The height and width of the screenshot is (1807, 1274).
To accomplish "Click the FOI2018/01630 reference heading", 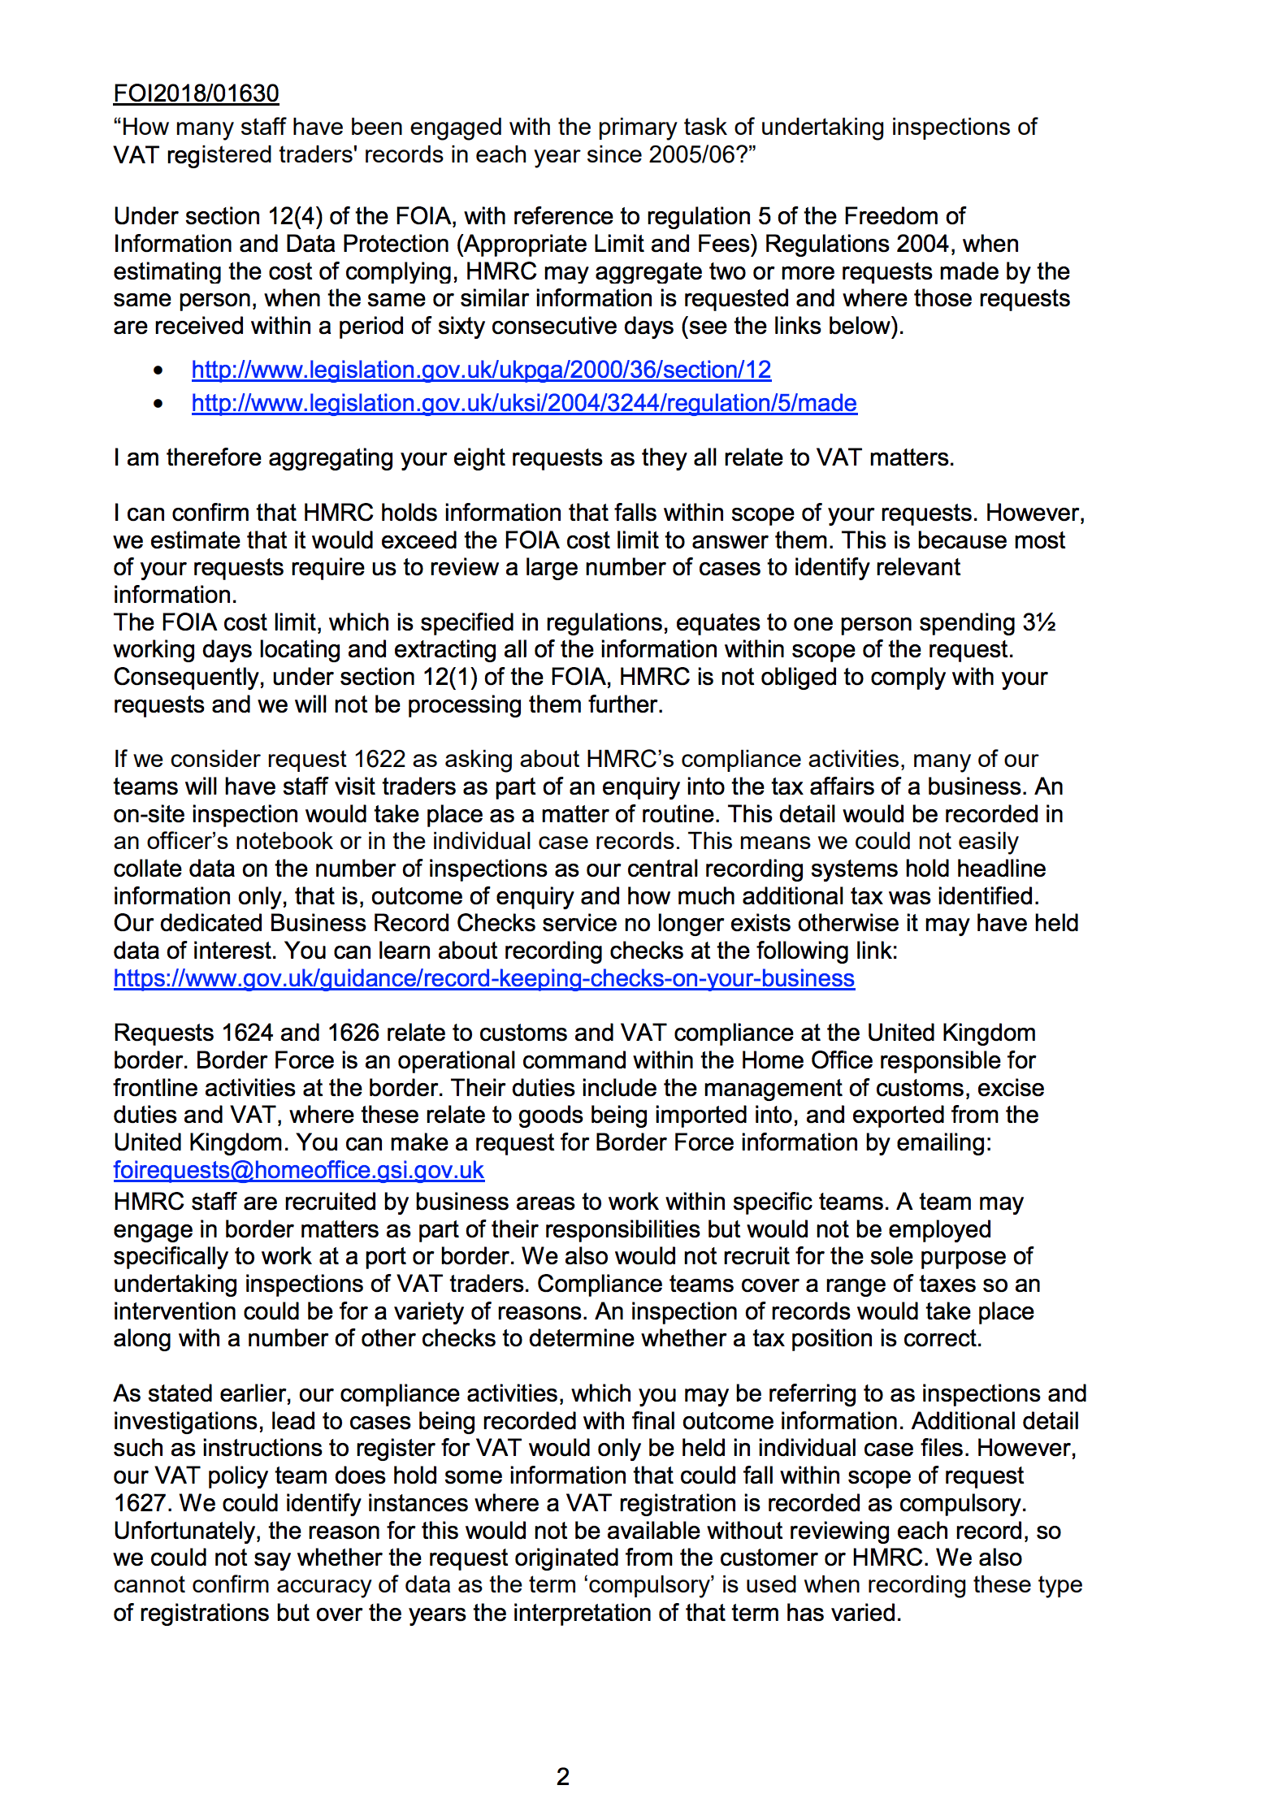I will click(x=196, y=94).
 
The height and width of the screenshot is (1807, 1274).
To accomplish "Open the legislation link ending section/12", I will click(x=481, y=370).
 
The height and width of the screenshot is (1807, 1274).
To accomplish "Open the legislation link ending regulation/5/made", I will click(x=524, y=403).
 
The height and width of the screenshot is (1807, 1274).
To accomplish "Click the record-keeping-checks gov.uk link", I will click(x=483, y=978).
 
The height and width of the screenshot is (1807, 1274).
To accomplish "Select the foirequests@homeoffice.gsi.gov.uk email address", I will click(x=298, y=1170).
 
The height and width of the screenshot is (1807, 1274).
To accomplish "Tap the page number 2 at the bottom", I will click(x=563, y=1777).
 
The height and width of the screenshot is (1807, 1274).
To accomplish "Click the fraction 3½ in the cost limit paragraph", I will click(x=1039, y=622).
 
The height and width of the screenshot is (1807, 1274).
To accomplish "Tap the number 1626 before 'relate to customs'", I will click(x=353, y=1033).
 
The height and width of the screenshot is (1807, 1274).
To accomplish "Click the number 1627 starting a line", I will click(x=140, y=1503).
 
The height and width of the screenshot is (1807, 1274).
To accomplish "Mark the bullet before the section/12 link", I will click(x=158, y=370).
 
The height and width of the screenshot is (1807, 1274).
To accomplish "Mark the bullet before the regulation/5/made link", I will click(x=158, y=404).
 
